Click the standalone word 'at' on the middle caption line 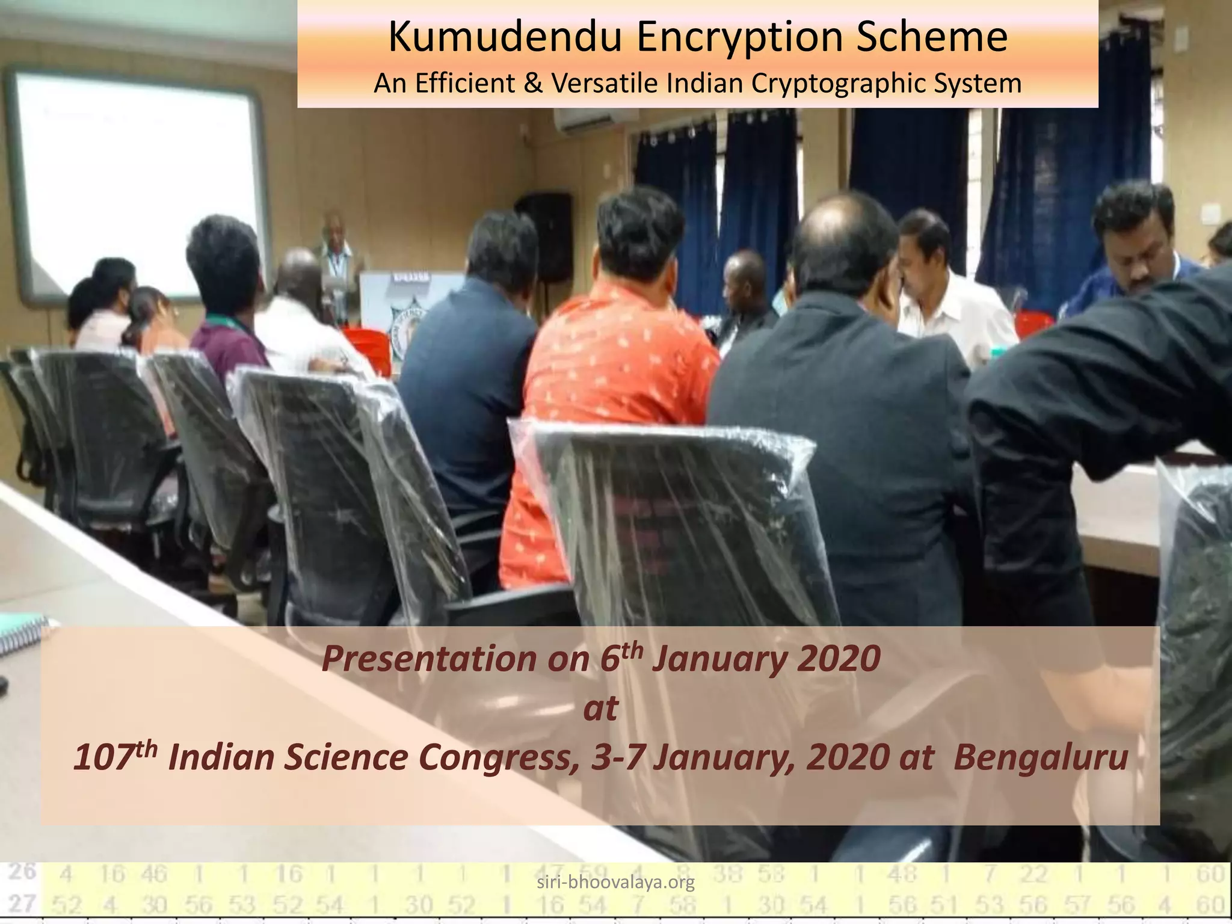point(600,709)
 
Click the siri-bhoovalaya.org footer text point(615,882)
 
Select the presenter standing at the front point(337,259)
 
